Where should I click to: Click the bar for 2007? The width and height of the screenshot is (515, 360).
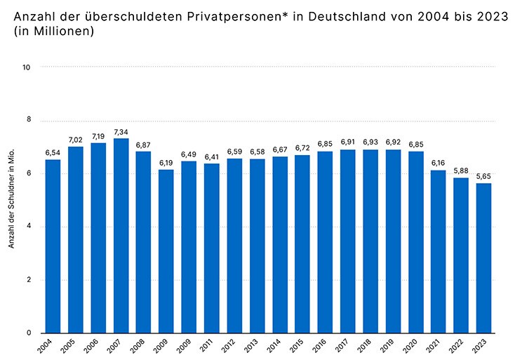tap(121, 236)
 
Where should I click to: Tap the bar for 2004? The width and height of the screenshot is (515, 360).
tap(53, 246)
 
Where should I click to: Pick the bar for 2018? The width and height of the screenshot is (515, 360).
tap(370, 241)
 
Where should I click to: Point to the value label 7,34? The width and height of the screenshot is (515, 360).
tap(121, 131)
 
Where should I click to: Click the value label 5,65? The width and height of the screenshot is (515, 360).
tap(483, 176)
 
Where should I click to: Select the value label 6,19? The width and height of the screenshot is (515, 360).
tap(166, 162)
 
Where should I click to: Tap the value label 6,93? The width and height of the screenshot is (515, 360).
tap(370, 142)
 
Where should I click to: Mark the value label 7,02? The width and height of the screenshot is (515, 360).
tap(75, 140)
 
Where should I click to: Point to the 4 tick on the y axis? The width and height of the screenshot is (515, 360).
tap(28, 227)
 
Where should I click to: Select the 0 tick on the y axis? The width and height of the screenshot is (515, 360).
tap(28, 333)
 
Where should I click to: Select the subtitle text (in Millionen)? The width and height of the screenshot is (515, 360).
tap(49, 32)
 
